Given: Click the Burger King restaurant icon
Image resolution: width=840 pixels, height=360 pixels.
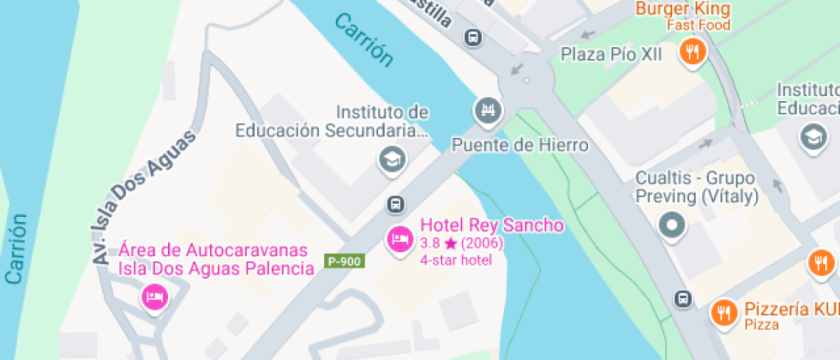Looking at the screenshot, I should point(692,53).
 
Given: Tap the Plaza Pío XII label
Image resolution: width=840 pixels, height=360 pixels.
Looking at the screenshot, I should point(612,55).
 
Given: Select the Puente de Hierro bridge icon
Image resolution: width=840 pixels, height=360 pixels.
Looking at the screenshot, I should point(488,110).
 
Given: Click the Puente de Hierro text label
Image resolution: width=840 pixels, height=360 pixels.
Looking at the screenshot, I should point(519,145).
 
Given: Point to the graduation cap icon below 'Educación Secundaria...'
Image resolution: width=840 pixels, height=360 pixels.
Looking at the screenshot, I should point(393,159).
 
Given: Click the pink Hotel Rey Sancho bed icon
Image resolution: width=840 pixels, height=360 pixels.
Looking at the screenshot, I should point(399,239).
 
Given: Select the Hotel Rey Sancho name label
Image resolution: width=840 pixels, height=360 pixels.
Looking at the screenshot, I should point(492,225).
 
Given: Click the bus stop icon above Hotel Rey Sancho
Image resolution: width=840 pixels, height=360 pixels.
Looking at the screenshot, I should point(395,204).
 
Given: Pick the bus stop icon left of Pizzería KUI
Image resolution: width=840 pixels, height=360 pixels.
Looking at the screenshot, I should point(683,298).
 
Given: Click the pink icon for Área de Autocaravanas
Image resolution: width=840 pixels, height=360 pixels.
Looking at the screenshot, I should point(155,297).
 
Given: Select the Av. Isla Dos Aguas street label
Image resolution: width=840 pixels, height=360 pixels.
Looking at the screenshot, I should point(142,196).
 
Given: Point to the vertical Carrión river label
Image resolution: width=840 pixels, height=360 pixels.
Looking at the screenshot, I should point(16,249).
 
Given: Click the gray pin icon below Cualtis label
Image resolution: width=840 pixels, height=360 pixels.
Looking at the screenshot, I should point(672,226).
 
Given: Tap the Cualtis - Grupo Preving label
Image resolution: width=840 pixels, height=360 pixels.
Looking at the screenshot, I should point(696,188).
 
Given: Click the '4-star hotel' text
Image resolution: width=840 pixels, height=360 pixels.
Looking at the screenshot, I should point(456,260).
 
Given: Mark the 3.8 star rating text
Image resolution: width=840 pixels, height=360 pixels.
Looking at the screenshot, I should point(461,243).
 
